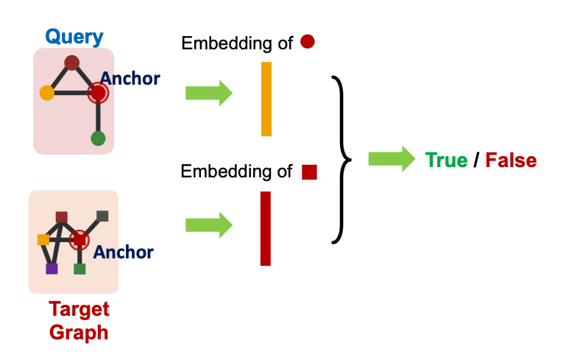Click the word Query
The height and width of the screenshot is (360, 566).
click(x=74, y=36)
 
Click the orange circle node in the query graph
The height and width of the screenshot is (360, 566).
click(x=47, y=93)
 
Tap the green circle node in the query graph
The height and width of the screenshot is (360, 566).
click(x=98, y=138)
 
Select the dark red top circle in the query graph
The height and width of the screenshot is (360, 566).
click(x=71, y=63)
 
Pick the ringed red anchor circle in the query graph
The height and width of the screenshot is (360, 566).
click(x=98, y=93)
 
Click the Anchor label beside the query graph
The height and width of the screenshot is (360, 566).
click(x=130, y=77)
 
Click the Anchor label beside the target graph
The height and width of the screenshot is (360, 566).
click(x=123, y=253)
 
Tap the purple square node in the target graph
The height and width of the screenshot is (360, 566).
click(x=52, y=268)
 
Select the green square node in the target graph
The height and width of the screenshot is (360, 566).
click(x=80, y=268)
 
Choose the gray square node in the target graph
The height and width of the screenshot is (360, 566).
click(x=102, y=216)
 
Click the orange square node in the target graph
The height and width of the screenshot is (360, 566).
click(x=43, y=239)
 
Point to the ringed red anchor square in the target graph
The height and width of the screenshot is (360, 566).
click(x=79, y=239)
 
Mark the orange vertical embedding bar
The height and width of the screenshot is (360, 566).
click(x=266, y=99)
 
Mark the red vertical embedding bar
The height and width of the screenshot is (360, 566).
click(x=266, y=228)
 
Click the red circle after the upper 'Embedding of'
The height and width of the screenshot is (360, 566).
click(x=308, y=43)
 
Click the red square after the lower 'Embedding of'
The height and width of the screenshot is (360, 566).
click(x=309, y=172)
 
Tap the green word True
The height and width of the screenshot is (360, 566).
click(x=446, y=160)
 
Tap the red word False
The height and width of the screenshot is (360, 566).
click(x=511, y=160)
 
